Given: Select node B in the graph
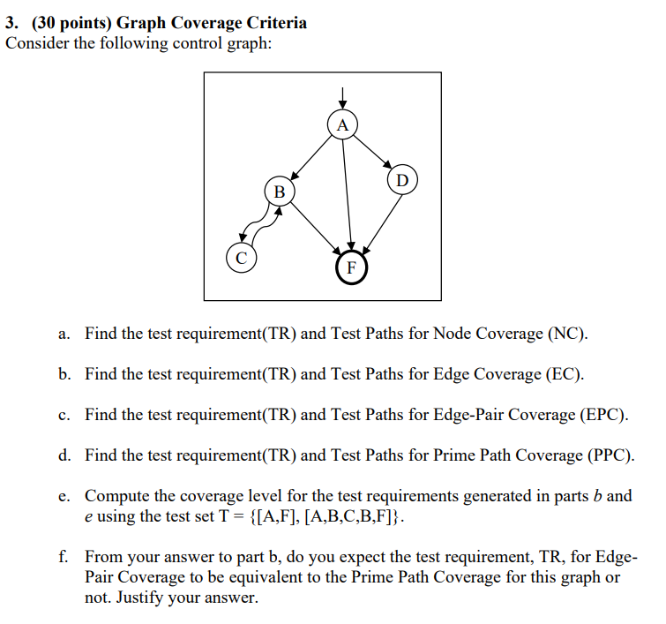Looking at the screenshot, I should [280, 191].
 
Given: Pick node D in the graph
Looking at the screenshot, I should [401, 181].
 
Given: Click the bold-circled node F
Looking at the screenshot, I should [350, 266].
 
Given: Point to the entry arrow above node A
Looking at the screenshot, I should [343, 96].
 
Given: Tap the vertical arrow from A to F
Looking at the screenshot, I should [347, 194].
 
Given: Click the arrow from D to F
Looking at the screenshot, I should [379, 221].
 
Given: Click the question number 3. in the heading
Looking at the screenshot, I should [13, 23].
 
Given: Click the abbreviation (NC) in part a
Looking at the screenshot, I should [566, 334].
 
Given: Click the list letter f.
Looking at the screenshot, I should [64, 557].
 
